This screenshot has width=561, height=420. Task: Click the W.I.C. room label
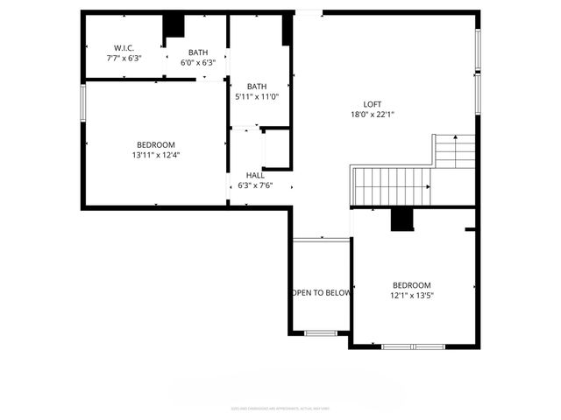(123, 47)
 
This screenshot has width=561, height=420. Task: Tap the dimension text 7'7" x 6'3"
(123, 59)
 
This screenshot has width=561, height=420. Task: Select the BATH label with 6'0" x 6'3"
(198, 52)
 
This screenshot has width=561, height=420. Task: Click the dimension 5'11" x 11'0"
(257, 96)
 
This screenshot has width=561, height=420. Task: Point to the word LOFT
(373, 104)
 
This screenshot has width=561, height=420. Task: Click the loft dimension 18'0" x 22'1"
(373, 115)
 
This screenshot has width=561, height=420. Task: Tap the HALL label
(255, 175)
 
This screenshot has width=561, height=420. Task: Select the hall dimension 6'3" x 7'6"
(255, 185)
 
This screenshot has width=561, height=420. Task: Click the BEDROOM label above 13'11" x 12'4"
(155, 144)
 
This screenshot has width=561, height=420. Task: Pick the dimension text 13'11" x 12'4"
(155, 155)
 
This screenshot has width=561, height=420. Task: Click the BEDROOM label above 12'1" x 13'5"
(411, 285)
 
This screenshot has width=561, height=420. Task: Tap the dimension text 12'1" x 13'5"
(411, 296)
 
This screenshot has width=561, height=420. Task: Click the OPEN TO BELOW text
(321, 292)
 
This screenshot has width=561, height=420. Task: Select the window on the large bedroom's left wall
(84, 101)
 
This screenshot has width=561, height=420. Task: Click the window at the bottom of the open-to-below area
(321, 332)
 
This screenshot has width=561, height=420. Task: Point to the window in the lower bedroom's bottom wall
(413, 346)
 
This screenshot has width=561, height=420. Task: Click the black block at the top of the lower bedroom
(402, 220)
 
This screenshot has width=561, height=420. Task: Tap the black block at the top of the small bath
(174, 25)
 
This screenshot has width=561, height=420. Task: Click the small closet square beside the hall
(275, 149)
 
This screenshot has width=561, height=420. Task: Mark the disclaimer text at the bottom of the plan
(280, 408)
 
